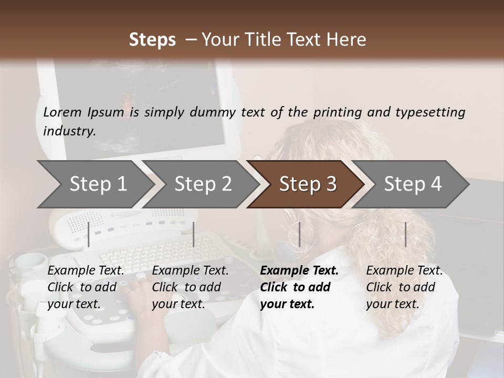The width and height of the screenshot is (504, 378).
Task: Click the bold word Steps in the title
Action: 152,40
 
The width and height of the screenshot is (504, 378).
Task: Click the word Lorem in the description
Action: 62,112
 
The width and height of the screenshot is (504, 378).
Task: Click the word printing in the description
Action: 338,112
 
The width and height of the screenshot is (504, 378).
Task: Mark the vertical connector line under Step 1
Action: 89,234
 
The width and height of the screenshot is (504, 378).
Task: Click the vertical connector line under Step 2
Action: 194,234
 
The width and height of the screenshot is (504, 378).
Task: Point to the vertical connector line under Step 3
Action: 299,234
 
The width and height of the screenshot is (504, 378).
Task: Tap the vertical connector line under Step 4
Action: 405,234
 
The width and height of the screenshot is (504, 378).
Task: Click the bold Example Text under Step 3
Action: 299,271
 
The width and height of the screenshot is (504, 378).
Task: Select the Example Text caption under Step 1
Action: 86,271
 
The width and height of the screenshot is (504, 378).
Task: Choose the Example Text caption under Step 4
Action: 404,271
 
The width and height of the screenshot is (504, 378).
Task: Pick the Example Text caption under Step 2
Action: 190,271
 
